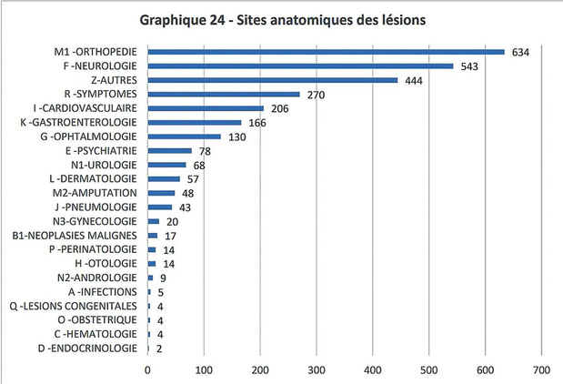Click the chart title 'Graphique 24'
click(x=182, y=20)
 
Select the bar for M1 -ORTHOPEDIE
click(x=326, y=52)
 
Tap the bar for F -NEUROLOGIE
click(x=300, y=66)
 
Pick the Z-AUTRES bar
click(x=273, y=80)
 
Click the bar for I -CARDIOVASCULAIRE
click(x=206, y=108)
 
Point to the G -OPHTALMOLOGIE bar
click(x=185, y=136)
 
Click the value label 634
click(x=520, y=53)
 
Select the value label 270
click(x=316, y=95)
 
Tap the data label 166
click(x=257, y=123)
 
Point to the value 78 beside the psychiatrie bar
click(x=205, y=151)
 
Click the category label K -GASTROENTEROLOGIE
click(x=78, y=123)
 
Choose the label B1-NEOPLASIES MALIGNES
click(x=75, y=236)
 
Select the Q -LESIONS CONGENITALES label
click(x=74, y=306)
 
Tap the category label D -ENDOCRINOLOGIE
click(x=87, y=349)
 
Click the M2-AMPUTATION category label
click(x=95, y=193)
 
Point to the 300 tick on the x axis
click(x=317, y=370)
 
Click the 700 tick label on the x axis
click(x=541, y=370)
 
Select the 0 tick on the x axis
click(x=147, y=370)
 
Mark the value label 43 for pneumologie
click(x=185, y=207)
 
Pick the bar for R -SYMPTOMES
click(x=224, y=94)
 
